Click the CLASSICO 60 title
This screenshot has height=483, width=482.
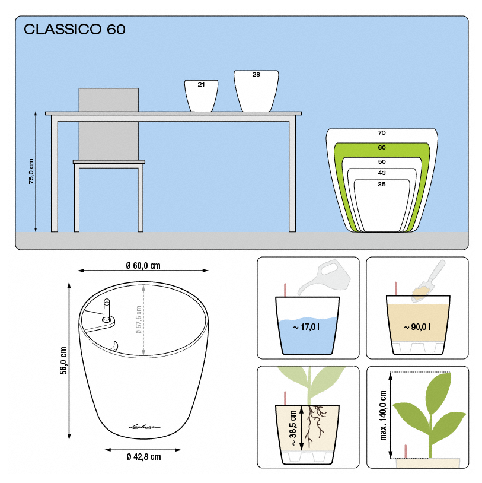click(x=75, y=29)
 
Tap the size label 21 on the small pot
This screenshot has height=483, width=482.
click(x=202, y=84)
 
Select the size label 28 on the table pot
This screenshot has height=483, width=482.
click(x=256, y=75)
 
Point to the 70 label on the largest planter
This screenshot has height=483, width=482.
click(x=382, y=133)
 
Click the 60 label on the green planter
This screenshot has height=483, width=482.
click(x=382, y=148)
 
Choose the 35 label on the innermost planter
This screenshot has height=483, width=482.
click(x=382, y=184)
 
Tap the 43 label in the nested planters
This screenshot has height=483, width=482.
click(x=382, y=173)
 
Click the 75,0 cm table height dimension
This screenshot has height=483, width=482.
click(x=31, y=171)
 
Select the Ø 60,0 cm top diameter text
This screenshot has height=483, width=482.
click(x=143, y=265)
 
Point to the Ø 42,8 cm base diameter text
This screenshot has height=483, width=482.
click(x=143, y=456)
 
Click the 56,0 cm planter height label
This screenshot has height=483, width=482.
click(x=63, y=361)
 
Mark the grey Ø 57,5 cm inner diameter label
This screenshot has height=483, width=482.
click(x=138, y=320)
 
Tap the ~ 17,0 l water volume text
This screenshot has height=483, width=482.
click(x=306, y=327)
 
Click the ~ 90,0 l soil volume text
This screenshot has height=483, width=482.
click(x=417, y=327)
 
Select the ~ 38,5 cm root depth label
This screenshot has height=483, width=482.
click(x=293, y=428)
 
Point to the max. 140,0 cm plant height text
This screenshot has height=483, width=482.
click(x=383, y=415)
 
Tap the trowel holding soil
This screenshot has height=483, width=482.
click(x=429, y=281)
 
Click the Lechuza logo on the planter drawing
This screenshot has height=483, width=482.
click(x=144, y=427)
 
